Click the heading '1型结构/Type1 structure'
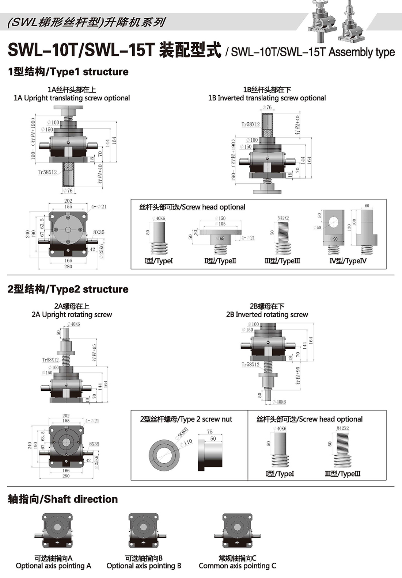click(x=68, y=72)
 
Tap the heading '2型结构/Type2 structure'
click(x=68, y=289)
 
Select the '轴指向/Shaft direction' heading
click(x=63, y=499)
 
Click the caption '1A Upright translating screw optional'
click(x=72, y=98)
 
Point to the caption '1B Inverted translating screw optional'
click(x=267, y=98)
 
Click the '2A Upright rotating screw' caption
click(x=72, y=314)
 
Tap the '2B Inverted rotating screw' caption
click(x=267, y=314)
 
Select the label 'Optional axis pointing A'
click(x=53, y=566)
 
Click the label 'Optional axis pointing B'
click(x=144, y=566)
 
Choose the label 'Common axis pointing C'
click(x=237, y=566)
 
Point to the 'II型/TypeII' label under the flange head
click(x=220, y=261)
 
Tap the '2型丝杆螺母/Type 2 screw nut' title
click(x=186, y=419)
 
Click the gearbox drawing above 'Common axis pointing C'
click(x=237, y=531)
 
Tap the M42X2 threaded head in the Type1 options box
click(x=282, y=237)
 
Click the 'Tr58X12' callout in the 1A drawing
click(x=47, y=172)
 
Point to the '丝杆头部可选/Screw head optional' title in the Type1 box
click(x=192, y=207)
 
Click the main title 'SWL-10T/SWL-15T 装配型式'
click(x=114, y=50)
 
